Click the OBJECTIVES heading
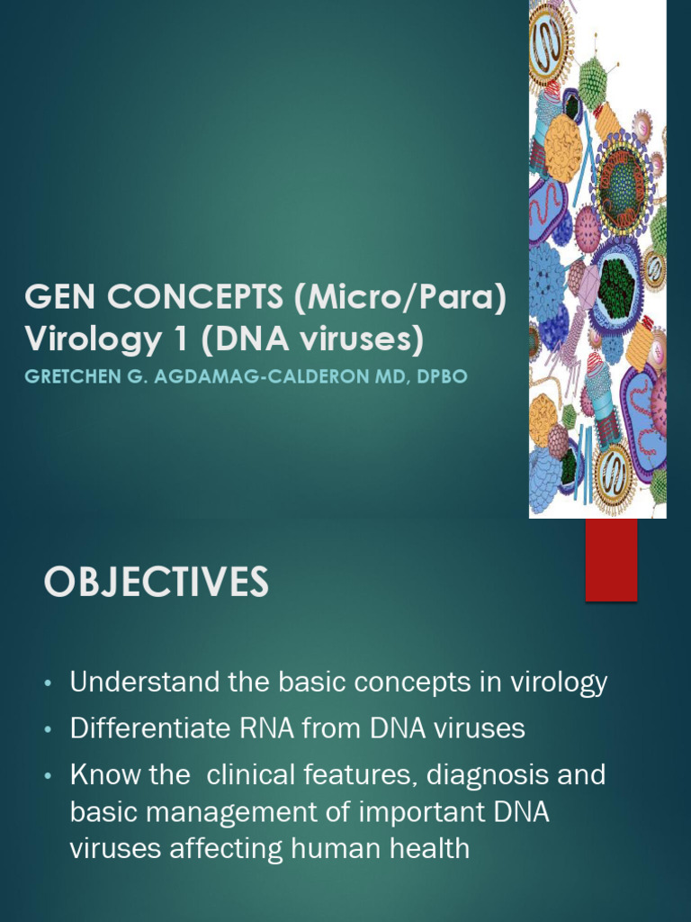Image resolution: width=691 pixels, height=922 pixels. click(x=156, y=583)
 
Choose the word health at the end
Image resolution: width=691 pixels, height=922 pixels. click(x=423, y=848)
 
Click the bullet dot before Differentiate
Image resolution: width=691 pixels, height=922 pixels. click(x=49, y=730)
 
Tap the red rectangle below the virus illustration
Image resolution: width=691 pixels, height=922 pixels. click(x=611, y=559)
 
